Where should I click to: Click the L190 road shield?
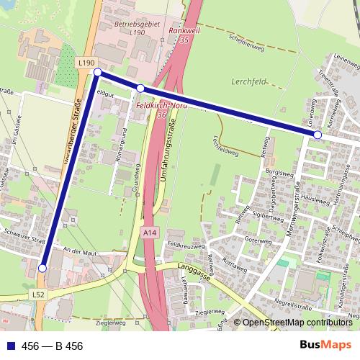point(86,63)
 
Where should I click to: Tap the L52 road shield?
point(39,294)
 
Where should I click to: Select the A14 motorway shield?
point(149,233)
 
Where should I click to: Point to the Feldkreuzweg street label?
point(183,245)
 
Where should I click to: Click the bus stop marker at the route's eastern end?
point(318,135)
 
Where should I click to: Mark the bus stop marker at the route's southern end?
point(42,268)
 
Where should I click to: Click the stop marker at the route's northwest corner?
point(97,73)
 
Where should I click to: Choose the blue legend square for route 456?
point(9,346)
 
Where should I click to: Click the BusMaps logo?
point(330,346)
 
